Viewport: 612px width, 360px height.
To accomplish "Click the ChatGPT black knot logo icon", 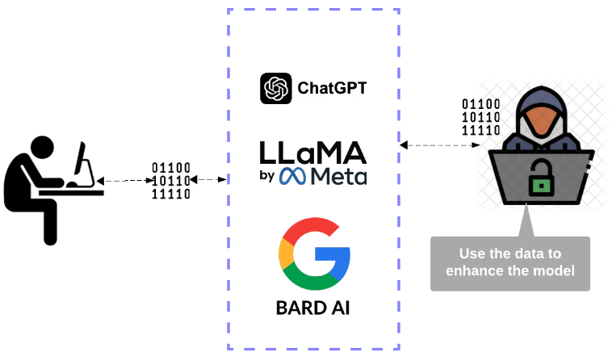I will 275,88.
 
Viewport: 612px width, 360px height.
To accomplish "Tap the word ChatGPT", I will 332,88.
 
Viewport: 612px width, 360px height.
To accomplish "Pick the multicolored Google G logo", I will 313,254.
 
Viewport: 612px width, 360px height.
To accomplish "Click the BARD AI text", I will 313,308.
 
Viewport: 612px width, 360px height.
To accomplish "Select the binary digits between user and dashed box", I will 171,181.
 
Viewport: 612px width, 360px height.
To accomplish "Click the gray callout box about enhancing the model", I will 510,262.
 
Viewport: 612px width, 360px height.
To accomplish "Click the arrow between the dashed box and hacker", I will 441,145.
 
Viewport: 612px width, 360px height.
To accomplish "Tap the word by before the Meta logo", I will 267,178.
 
